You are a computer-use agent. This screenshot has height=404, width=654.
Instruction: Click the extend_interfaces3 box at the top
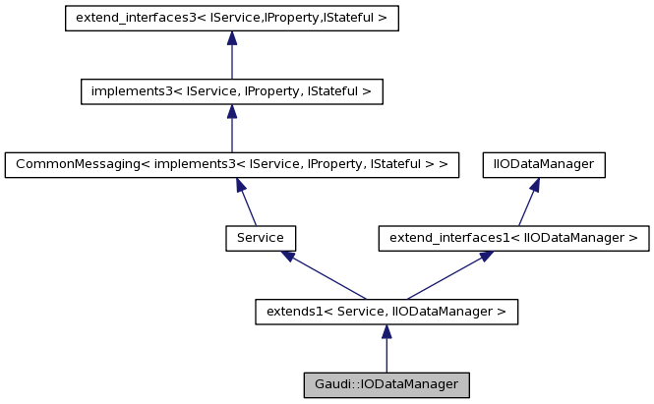231,18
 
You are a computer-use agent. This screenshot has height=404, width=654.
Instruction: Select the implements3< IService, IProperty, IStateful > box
231,91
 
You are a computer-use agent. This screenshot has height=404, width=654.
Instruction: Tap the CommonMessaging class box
231,164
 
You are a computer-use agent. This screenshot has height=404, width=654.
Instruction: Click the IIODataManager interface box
543,164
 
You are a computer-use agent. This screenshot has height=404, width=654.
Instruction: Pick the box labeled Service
261,238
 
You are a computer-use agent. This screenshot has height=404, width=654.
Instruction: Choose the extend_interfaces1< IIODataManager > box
513,238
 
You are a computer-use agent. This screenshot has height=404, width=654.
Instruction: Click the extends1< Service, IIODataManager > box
386,312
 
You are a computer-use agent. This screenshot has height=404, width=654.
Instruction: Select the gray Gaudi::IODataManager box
386,384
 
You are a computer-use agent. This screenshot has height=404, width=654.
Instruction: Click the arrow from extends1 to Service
325,275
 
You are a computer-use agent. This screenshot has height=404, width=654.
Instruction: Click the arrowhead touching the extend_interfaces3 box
231,37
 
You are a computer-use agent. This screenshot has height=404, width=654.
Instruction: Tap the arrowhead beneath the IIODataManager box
536,185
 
